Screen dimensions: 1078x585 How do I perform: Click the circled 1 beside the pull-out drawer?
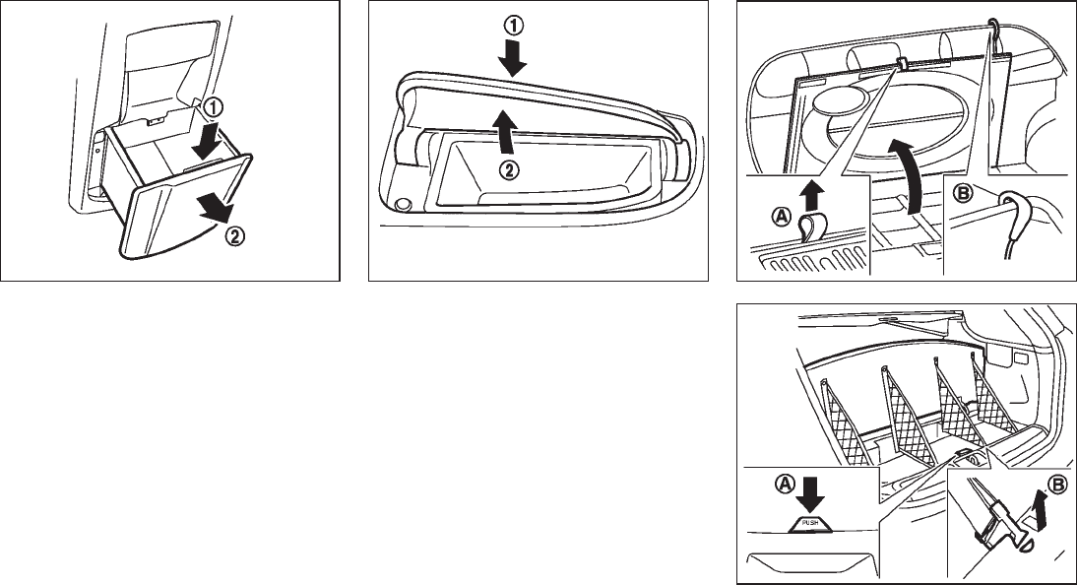[x=214, y=108]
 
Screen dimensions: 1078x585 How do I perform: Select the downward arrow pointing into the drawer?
[x=206, y=138]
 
